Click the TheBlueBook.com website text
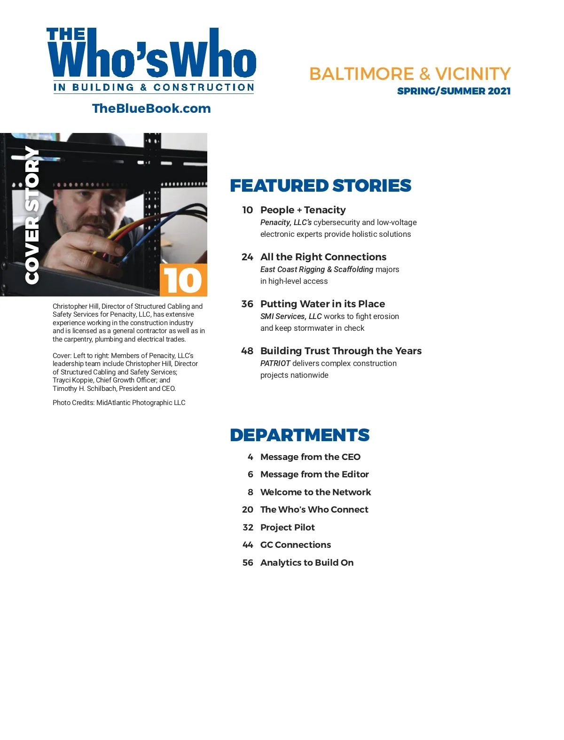151,109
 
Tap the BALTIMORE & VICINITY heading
410,74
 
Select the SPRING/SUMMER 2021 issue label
454,91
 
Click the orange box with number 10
183,280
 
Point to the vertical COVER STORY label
32,214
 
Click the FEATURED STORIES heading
321,186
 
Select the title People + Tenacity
303,210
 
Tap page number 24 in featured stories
247,257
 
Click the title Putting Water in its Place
322,304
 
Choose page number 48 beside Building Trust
247,351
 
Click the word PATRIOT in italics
275,363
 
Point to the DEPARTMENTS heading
300,435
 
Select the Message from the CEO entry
310,457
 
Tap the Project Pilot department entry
288,528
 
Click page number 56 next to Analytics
248,563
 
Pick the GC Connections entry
296,545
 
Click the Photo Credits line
119,403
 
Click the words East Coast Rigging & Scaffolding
317,269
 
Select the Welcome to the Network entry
315,492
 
